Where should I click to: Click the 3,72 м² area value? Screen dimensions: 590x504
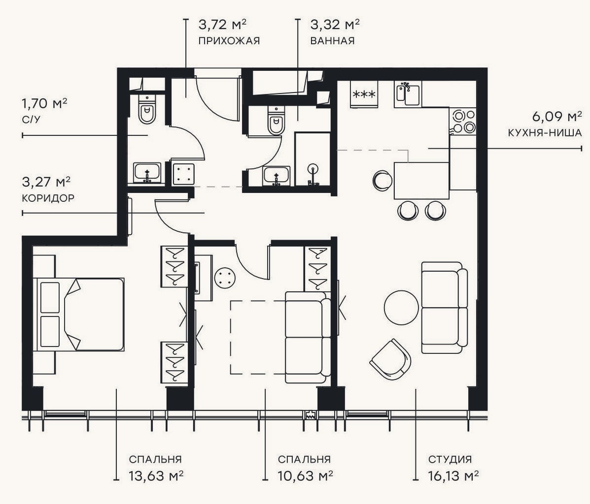click(222, 25)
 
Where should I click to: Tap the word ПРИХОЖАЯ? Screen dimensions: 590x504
click(229, 40)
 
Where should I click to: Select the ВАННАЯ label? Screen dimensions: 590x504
click(332, 40)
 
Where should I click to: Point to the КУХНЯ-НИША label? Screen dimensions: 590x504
click(545, 133)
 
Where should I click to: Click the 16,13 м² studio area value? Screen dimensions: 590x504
click(453, 476)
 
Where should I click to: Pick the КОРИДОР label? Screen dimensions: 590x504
click(48, 198)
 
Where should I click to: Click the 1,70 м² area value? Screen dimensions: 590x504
click(44, 103)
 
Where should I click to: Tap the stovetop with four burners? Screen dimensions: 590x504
click(463, 121)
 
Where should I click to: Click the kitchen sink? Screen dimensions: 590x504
click(408, 94)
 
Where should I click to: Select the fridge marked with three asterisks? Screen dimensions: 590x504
click(364, 94)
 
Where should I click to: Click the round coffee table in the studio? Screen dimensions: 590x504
click(402, 308)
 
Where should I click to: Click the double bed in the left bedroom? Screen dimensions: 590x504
click(79, 315)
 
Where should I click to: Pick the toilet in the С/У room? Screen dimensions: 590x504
click(147, 109)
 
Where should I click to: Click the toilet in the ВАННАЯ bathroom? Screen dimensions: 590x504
click(277, 120)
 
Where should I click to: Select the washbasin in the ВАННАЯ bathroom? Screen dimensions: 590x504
click(277, 176)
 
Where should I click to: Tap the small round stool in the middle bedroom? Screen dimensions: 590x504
click(225, 278)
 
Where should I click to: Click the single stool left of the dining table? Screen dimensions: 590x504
click(382, 181)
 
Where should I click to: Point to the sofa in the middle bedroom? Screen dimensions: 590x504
click(308, 337)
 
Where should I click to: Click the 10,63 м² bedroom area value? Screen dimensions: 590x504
click(305, 476)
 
